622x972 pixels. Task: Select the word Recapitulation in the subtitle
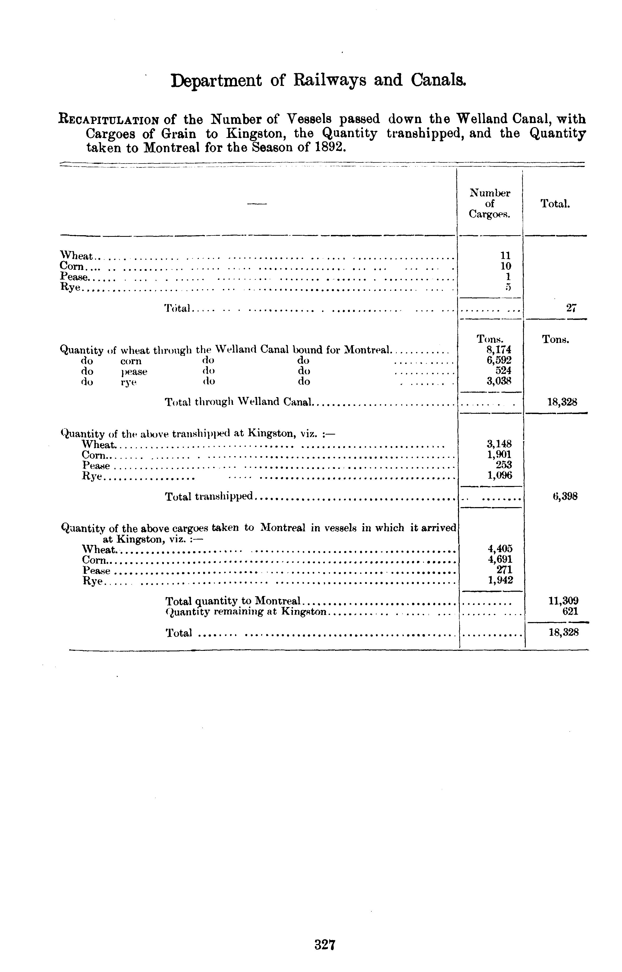pos(109,120)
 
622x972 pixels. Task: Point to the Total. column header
pos(555,204)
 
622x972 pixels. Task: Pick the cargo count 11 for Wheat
pos(505,256)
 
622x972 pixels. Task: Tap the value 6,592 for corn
pos(499,360)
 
